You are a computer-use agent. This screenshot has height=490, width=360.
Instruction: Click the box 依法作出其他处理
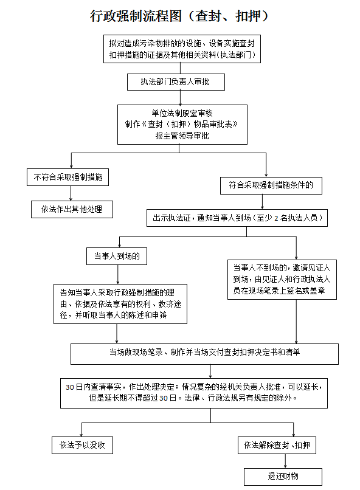click(72, 209)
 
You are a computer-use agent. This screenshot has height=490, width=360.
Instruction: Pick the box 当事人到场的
click(114, 256)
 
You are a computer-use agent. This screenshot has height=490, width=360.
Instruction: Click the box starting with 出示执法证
click(237, 218)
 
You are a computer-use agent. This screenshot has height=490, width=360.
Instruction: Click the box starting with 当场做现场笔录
click(204, 353)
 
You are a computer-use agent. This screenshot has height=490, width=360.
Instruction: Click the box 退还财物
click(283, 476)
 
